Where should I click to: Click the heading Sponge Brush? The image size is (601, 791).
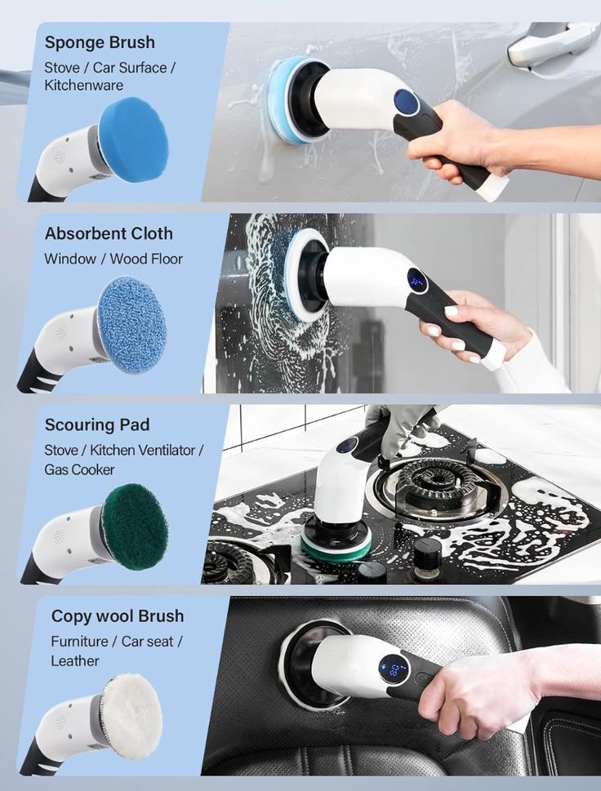click(99, 42)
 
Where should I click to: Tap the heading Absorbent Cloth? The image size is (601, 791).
click(109, 233)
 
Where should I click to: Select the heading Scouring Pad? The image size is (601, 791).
click(96, 424)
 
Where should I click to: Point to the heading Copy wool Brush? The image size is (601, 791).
click(118, 615)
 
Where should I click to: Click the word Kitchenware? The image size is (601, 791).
click(83, 85)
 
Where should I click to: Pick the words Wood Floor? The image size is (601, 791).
click(148, 259)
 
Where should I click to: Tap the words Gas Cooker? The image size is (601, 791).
click(79, 469)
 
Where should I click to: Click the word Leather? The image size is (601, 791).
click(74, 660)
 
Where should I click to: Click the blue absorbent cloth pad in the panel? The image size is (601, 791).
click(131, 324)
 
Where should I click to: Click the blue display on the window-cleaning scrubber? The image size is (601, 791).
click(417, 282)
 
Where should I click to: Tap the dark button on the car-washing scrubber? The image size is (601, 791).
click(406, 102)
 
